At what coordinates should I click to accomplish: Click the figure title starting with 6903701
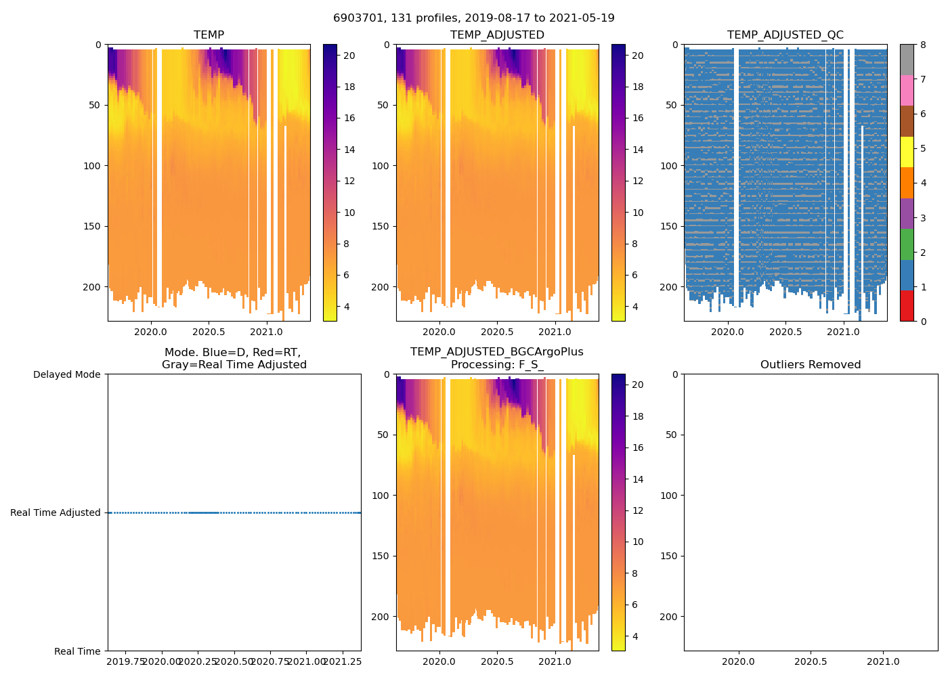(x=474, y=18)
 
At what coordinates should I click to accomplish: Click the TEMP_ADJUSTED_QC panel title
(x=785, y=35)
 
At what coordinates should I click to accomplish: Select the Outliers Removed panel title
(x=811, y=365)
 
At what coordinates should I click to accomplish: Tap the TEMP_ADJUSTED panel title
(x=497, y=35)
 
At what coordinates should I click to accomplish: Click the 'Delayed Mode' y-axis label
(x=66, y=374)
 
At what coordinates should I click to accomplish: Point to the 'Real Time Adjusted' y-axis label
(x=56, y=512)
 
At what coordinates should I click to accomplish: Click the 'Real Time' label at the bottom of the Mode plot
(x=77, y=651)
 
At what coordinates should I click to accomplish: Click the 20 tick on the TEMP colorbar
(x=349, y=56)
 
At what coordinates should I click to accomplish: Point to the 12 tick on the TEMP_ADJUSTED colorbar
(x=638, y=181)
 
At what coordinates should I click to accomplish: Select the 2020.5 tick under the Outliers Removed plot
(x=811, y=661)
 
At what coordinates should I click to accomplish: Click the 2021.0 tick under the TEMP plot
(x=266, y=332)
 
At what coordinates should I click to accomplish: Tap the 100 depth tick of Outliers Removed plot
(x=668, y=496)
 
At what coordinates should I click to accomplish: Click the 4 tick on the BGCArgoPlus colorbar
(x=638, y=636)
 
